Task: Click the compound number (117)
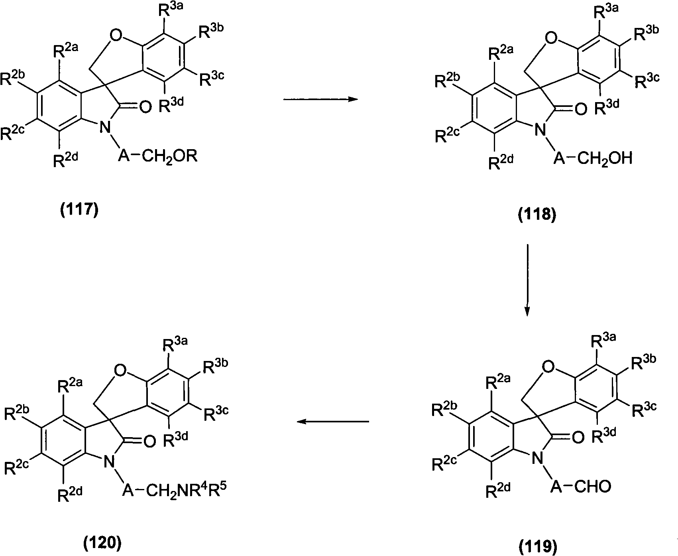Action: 79,210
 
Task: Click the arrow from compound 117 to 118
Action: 319,100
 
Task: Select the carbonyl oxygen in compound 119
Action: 578,438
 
